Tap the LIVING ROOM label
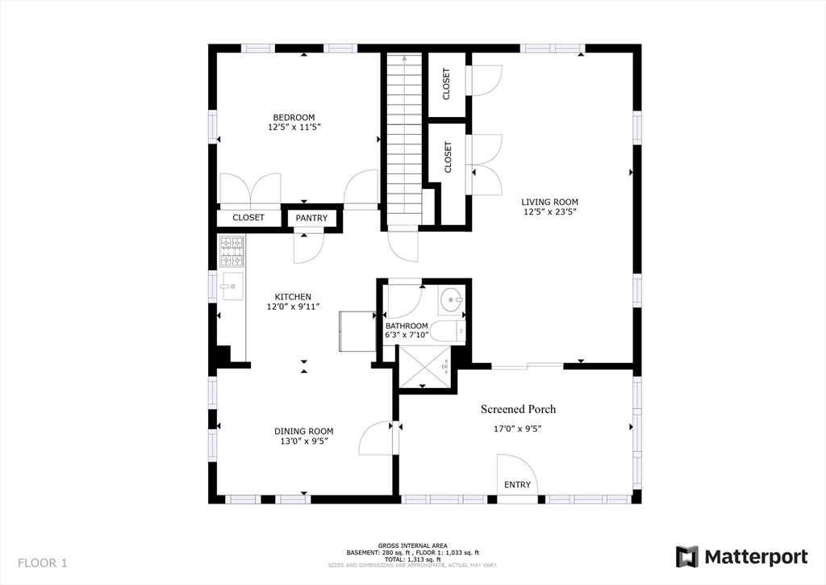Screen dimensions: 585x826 [x=549, y=202]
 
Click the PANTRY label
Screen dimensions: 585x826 [x=311, y=218]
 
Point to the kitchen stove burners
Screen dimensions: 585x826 [x=232, y=252]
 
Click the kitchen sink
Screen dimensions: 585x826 [x=231, y=284]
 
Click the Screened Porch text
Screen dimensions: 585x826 [x=518, y=409]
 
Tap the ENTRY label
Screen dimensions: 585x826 [x=517, y=485]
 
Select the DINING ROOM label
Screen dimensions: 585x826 [x=303, y=431]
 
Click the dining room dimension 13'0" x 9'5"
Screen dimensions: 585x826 [x=303, y=441]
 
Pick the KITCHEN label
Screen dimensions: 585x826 [x=293, y=296]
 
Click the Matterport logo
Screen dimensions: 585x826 [x=741, y=557]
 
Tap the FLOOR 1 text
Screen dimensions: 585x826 [x=43, y=563]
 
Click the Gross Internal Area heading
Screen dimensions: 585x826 [x=412, y=545]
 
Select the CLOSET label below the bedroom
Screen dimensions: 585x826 [x=248, y=218]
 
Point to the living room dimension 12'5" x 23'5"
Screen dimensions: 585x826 [x=549, y=212]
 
